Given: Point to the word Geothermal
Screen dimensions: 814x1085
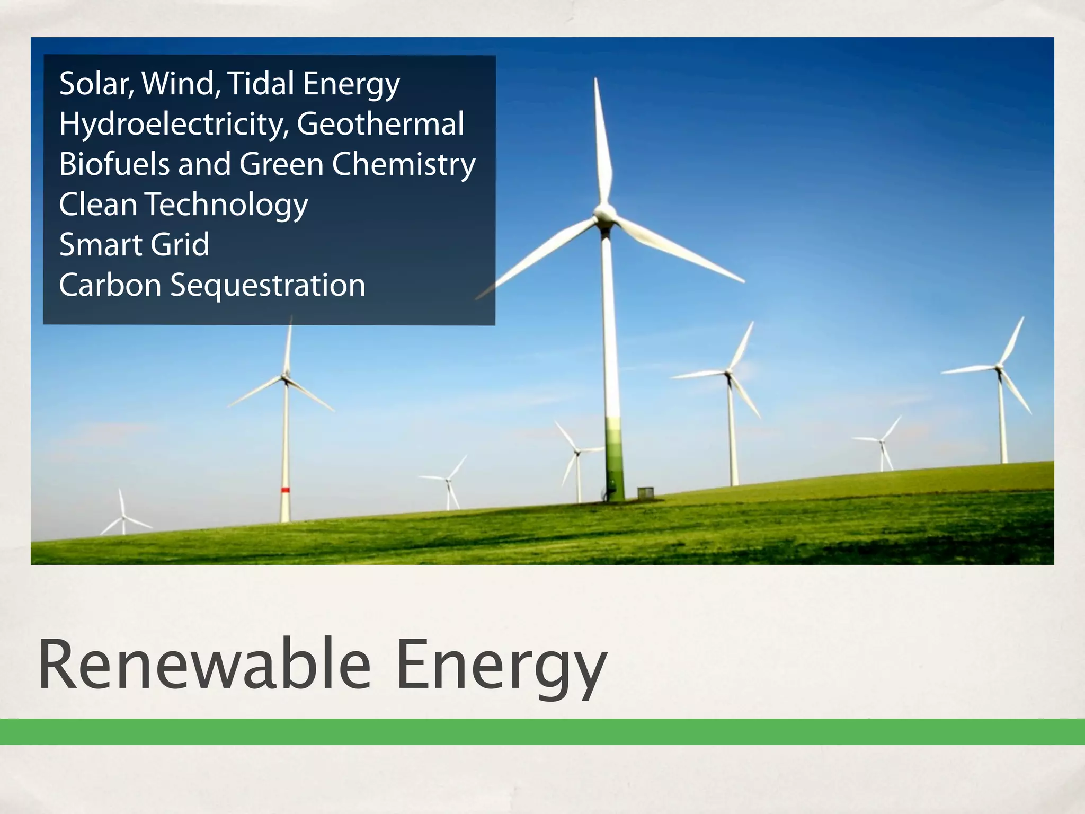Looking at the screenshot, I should coord(380,124).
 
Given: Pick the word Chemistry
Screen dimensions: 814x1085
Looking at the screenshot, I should coord(403,164).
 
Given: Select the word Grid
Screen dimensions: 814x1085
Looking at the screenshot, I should coord(180,244).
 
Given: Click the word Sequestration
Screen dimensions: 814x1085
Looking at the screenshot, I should coord(268,285).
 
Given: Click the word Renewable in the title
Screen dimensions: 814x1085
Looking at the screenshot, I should coord(204,665).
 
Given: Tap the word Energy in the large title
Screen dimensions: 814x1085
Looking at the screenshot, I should coord(501,666).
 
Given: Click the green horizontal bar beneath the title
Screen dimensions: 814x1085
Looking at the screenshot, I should coord(542,732).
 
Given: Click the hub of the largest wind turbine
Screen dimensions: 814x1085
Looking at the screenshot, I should coord(604,215).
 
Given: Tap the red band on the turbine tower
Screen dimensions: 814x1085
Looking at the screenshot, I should coord(285,490).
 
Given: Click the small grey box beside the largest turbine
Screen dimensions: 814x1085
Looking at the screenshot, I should coord(645,492).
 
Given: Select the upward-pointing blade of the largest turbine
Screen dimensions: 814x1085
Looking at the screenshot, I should coord(602,143).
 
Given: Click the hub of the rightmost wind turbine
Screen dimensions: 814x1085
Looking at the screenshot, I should coord(999,367).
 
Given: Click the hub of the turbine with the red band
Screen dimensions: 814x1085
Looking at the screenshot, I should coord(286,377).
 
